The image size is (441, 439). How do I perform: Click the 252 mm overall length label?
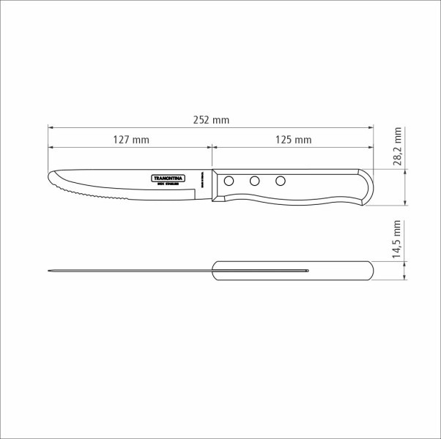[212, 119]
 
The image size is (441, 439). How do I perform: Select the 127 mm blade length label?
[132, 139]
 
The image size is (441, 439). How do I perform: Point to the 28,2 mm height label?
[398, 149]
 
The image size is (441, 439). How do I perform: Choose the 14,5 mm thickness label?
[398, 239]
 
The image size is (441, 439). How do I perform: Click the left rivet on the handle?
[229, 181]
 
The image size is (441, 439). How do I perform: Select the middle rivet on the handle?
[254, 181]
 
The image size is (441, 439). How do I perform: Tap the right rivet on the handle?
[279, 181]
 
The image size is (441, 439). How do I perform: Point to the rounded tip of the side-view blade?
[52, 177]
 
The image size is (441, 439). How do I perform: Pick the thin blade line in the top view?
[132, 271]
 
